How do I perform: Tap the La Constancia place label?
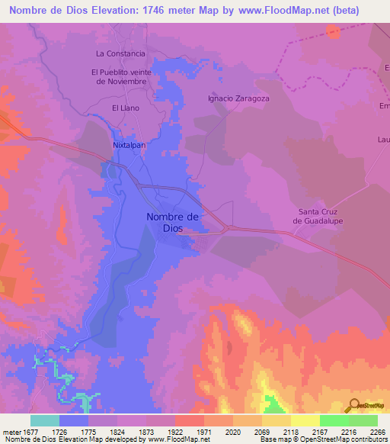[120, 53]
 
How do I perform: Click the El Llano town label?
[126, 108]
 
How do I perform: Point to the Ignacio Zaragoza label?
[238, 98]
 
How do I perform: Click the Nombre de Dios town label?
[172, 222]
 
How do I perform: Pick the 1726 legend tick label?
[59, 431]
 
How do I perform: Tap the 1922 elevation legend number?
[175, 431]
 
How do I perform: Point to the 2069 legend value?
[261, 431]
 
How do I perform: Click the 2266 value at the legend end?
[377, 431]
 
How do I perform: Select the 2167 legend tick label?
[319, 431]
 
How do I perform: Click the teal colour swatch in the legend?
[45, 420]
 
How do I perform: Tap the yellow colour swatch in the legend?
[305, 420]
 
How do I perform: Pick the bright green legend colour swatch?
[334, 420]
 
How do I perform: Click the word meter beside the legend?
[10, 431]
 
